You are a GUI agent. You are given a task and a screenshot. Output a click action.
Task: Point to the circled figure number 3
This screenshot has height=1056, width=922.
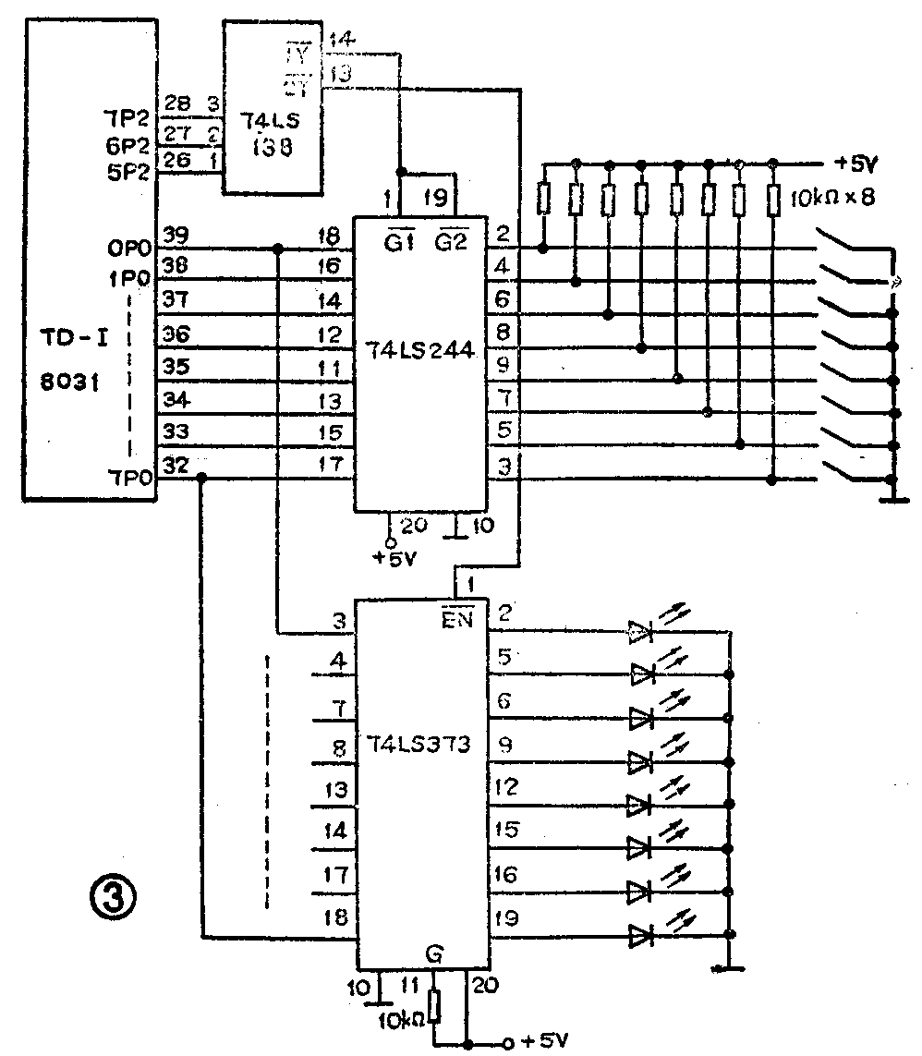click(114, 894)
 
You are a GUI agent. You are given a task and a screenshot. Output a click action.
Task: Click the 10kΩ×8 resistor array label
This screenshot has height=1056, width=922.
click(833, 199)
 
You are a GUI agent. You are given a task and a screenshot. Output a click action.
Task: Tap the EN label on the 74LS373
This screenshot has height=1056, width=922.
click(458, 619)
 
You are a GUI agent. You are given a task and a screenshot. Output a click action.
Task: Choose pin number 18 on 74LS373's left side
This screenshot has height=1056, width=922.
click(337, 917)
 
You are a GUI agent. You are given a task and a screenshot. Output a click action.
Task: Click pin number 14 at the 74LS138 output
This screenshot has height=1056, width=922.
click(339, 39)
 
